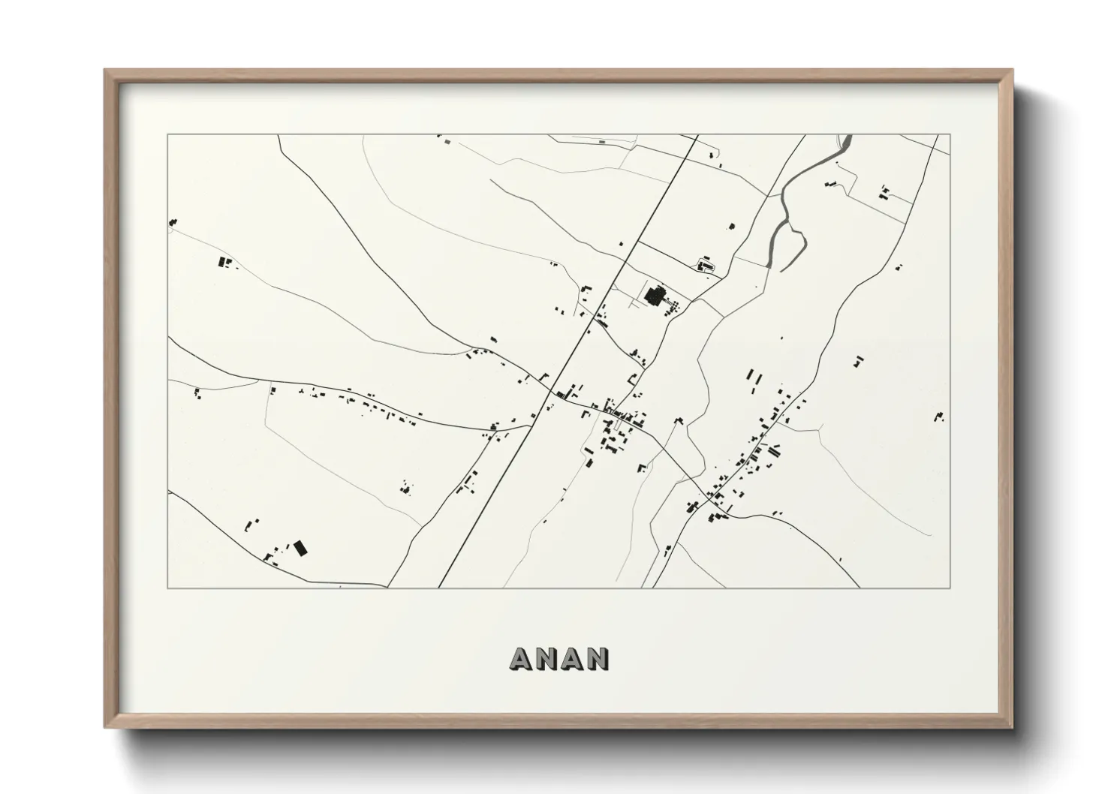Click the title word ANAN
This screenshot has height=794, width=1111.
pos(559,658)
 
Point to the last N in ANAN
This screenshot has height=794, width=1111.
pos(598,658)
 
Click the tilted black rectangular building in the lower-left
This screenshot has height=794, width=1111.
pos(300,548)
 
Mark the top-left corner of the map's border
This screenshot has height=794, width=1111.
pos(168,135)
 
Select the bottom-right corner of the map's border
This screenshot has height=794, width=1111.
pos(950,588)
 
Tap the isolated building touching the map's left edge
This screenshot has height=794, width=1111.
pos(173,222)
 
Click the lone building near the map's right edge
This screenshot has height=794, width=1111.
pos(939,416)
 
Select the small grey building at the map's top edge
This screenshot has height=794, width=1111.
pos(601,141)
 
